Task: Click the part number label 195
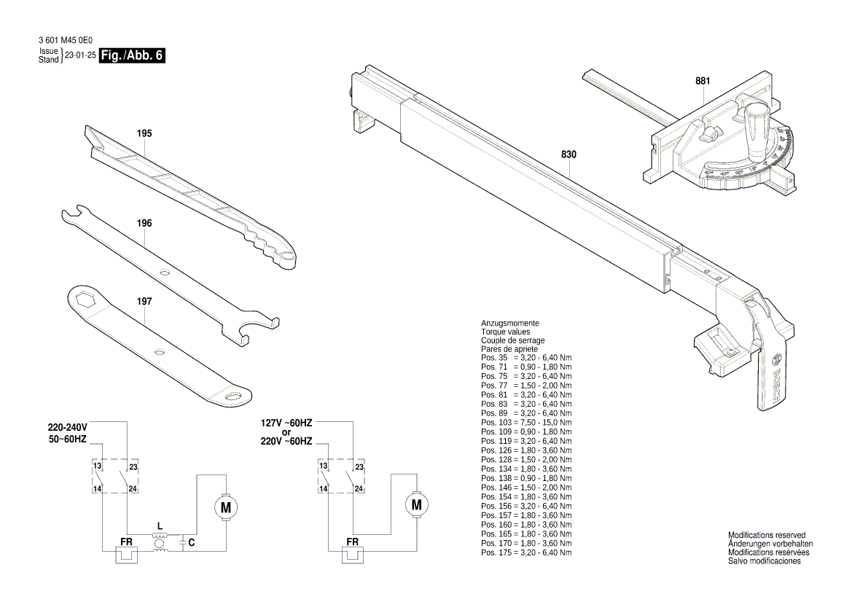point(144,133)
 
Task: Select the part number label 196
point(144,223)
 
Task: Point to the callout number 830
point(568,155)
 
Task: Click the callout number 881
point(702,81)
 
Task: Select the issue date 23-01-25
point(80,55)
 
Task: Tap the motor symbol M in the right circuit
point(416,504)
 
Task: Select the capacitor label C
point(191,542)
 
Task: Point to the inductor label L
point(160,525)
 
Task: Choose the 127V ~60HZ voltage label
point(286,423)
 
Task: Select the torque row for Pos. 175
point(526,552)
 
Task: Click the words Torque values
point(506,332)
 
